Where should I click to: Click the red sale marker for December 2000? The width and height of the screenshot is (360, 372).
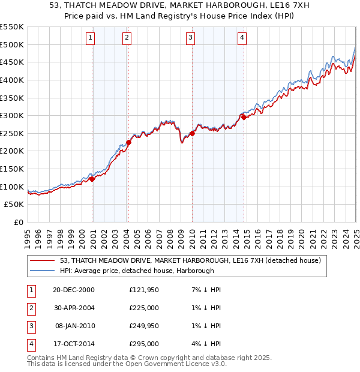point(92,178)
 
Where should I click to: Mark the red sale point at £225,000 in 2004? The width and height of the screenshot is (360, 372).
point(128,142)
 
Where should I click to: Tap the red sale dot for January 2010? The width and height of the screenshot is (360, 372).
point(192,133)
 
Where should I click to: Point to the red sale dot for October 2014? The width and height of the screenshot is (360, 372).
point(244,117)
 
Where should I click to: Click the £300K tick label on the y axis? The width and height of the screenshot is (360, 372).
point(12,115)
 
